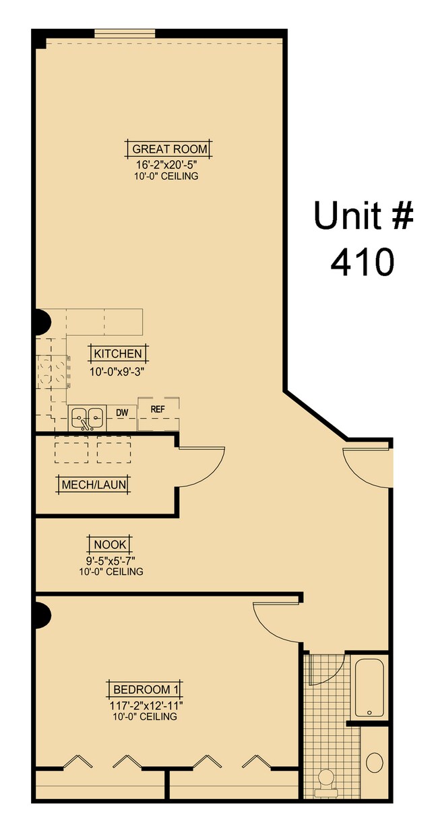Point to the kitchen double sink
[87, 417]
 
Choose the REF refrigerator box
[158, 413]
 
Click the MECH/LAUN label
[94, 485]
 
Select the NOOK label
[111, 544]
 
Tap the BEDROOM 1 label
[146, 690]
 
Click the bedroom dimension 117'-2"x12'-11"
[146, 705]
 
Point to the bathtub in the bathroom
[369, 687]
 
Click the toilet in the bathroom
[327, 780]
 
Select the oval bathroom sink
[375, 763]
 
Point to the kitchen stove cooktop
[53, 372]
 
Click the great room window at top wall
[125, 33]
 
